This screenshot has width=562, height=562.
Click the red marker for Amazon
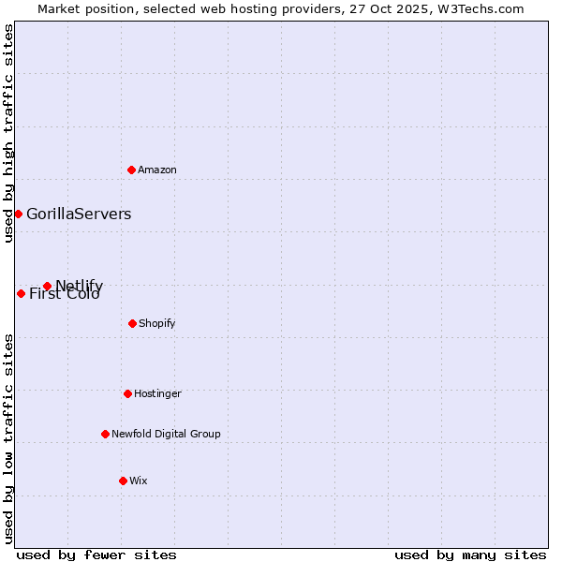click(131, 170)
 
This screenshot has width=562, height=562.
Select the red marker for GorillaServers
click(18, 214)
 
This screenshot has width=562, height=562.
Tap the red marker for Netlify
click(47, 286)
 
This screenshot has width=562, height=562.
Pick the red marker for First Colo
click(21, 293)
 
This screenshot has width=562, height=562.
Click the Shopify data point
click(132, 323)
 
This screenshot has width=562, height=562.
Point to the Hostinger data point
click(127, 393)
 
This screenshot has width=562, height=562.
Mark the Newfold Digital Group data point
click(105, 434)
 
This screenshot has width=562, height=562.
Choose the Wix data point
click(123, 481)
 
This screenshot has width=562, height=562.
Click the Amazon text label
click(157, 170)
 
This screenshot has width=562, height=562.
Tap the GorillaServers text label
click(79, 214)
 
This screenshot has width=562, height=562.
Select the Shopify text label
click(157, 323)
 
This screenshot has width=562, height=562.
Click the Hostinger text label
click(157, 393)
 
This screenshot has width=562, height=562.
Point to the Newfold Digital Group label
click(166, 434)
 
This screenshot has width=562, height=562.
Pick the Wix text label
click(139, 481)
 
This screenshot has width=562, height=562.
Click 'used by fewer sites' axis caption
click(96, 555)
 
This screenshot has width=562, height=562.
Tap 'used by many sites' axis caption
click(470, 555)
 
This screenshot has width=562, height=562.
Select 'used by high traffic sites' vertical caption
click(8, 133)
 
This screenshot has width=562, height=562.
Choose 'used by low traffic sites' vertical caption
click(8, 438)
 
